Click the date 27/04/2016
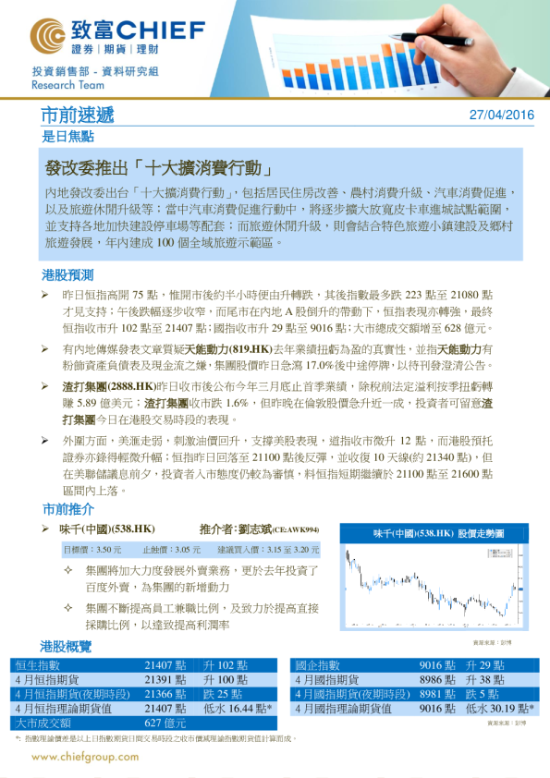point(501,115)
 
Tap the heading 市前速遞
point(78,115)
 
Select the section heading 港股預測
point(67,275)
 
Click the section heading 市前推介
point(67,509)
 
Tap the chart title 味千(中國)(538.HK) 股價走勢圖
point(438,533)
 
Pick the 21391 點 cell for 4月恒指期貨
point(165,680)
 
